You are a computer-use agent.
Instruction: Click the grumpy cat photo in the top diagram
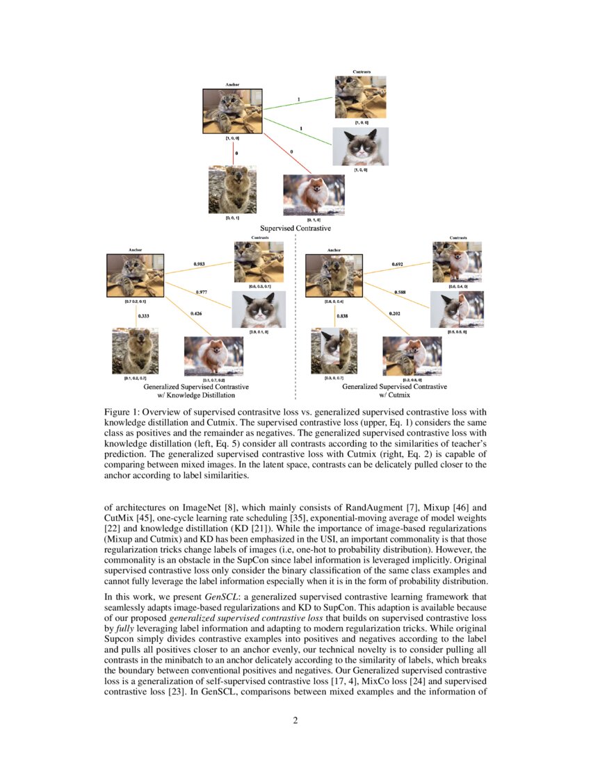tap(360, 147)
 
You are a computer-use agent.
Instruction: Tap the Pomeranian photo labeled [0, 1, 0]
tap(314, 194)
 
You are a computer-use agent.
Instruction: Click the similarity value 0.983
tap(200, 264)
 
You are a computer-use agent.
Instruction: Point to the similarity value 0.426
tap(197, 313)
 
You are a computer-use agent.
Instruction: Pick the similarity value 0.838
tap(343, 316)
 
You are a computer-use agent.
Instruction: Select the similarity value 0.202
tap(396, 313)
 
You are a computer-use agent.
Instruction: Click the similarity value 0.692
tap(398, 264)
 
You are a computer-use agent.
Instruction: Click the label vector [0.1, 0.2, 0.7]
tap(135, 379)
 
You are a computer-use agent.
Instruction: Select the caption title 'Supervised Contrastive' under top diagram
tap(295, 228)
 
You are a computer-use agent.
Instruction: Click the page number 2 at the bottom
tap(295, 720)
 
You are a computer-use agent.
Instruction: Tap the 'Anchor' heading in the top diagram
tap(232, 85)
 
